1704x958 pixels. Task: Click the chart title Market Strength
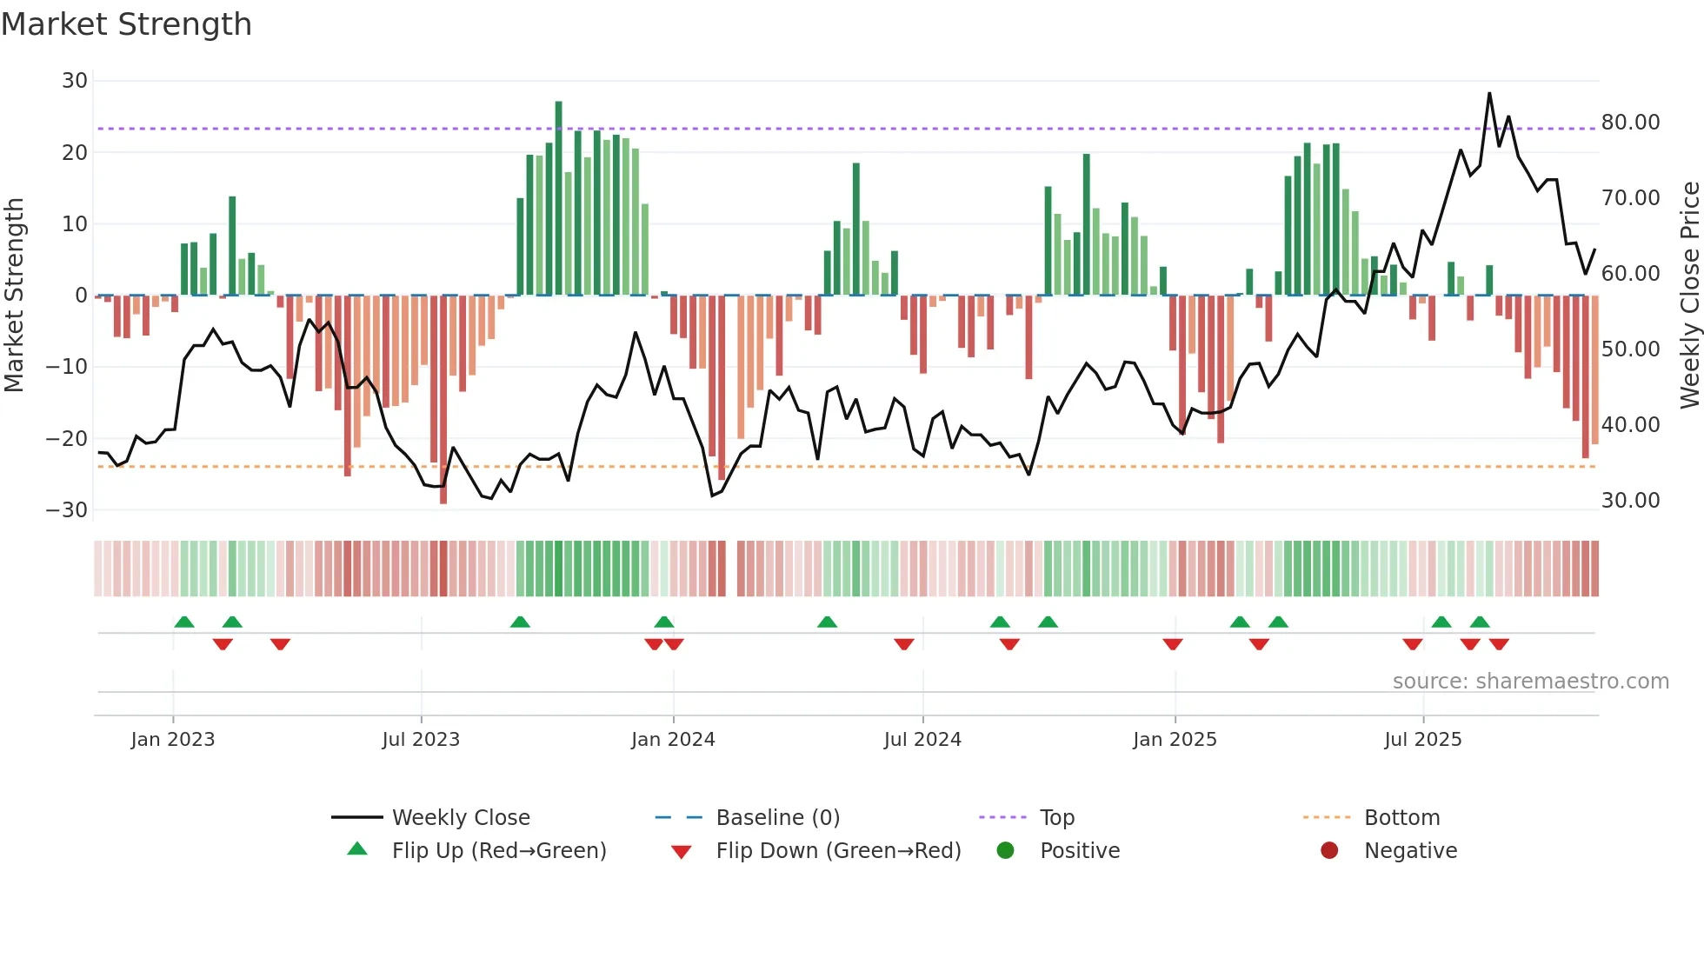point(126,24)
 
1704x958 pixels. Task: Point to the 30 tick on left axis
point(75,81)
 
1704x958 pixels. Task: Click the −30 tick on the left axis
point(68,510)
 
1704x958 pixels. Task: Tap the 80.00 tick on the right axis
point(1630,123)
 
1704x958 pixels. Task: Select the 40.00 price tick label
point(1630,425)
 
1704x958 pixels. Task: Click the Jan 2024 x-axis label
point(673,740)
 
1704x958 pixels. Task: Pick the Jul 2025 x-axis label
point(1422,740)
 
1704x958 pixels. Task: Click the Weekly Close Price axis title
point(1689,295)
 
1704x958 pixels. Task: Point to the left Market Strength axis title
point(14,295)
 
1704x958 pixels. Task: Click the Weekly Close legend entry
point(460,818)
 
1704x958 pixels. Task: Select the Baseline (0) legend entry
point(777,818)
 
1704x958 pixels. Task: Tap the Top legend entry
point(1056,818)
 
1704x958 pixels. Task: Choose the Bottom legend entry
point(1401,818)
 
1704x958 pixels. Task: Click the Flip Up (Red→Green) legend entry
point(498,851)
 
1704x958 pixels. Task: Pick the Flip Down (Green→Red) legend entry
point(837,851)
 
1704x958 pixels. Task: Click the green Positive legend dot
point(1005,850)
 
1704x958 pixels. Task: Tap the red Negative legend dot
point(1329,850)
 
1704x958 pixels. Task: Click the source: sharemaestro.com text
point(1530,682)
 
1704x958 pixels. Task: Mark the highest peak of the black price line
point(1489,94)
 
